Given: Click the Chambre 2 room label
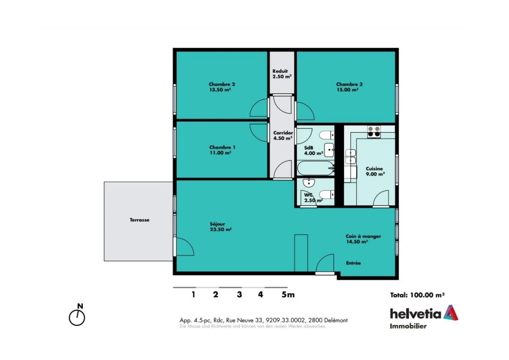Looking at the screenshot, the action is (222, 87).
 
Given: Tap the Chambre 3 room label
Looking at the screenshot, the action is (349, 87).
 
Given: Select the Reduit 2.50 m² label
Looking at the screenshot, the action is (282, 74).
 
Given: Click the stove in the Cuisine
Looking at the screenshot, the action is (374, 131).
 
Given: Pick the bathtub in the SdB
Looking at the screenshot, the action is (316, 168).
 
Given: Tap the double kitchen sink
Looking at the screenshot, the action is (351, 157).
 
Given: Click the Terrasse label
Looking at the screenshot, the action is (140, 220).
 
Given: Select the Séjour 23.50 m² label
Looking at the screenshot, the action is (221, 227).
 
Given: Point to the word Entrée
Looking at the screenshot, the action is (353, 263).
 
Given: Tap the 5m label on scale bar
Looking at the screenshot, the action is (288, 295).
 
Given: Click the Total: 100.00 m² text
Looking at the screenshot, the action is (417, 295).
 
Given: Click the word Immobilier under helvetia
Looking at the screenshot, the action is (408, 326).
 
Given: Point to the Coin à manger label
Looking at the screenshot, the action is (363, 239).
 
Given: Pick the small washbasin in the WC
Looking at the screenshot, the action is (309, 182).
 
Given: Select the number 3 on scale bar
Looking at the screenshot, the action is (239, 295).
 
